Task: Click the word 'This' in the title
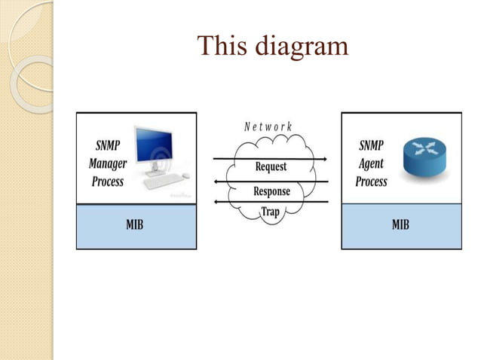pos(219,47)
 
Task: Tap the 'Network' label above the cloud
pos(268,127)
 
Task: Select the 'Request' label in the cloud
pos(271,166)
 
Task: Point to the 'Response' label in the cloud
pos(271,191)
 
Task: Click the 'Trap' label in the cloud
pos(270,212)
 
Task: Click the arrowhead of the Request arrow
pos(324,159)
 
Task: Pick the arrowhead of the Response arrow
pos(218,181)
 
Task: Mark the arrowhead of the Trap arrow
pos(218,202)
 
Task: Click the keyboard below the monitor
pos(164,181)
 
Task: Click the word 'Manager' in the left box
pos(108,163)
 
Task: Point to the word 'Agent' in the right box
pos(371,163)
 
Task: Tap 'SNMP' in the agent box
pos(371,146)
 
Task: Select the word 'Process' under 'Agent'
pos(371,182)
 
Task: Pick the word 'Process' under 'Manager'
pos(108,182)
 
